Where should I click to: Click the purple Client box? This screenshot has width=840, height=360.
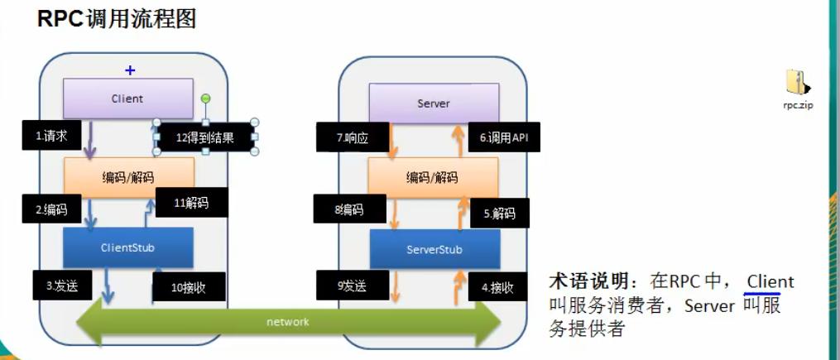[x=127, y=98]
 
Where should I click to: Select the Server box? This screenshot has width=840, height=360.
[x=434, y=103]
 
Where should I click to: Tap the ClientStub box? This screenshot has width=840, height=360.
[x=127, y=247]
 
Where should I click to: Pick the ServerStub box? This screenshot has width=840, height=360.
[x=434, y=249]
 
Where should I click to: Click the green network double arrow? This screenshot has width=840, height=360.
[x=288, y=322]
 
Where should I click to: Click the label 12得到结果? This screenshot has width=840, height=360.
[x=205, y=138]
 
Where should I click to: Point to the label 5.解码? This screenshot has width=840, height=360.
[x=499, y=213]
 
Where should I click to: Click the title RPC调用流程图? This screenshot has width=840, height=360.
[x=117, y=19]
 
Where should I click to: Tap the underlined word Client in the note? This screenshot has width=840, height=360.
[x=770, y=282]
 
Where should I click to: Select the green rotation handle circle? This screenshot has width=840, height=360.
[x=206, y=98]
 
